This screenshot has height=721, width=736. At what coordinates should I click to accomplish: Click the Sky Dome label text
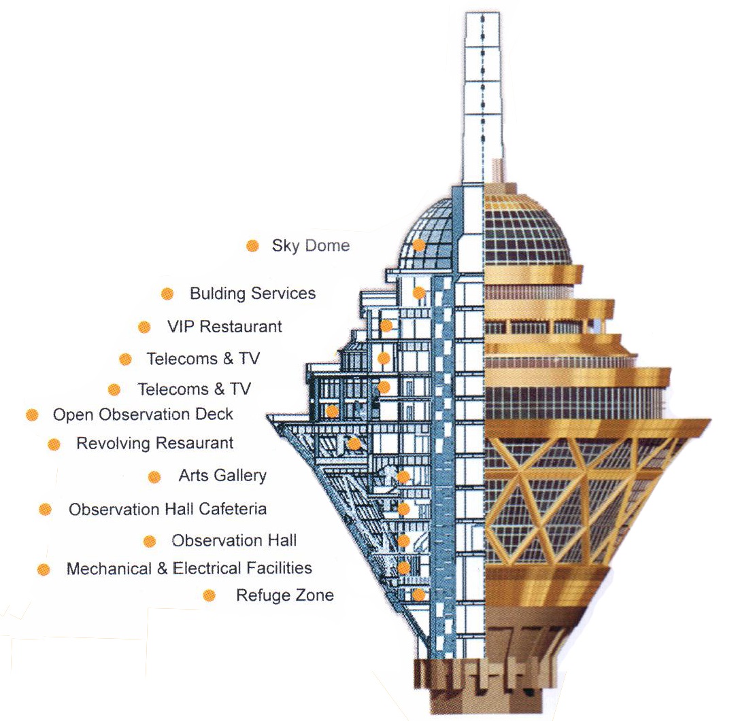point(311,245)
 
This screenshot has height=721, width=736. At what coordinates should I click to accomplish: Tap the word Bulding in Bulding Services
point(218,294)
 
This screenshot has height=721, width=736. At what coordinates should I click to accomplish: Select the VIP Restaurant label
point(224,326)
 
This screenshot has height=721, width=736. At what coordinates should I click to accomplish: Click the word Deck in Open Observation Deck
point(214,414)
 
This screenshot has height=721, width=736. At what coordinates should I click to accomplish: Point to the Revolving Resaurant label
point(155,443)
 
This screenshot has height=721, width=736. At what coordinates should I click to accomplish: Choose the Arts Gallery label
point(222,476)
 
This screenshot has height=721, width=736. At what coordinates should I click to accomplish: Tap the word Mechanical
point(110,568)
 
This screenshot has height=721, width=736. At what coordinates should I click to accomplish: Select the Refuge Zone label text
point(285,595)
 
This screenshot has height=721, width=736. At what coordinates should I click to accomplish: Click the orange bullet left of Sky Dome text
point(252,245)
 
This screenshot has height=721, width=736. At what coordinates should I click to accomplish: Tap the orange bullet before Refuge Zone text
point(210,595)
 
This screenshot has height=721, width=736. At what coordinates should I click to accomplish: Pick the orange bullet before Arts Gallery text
point(154,477)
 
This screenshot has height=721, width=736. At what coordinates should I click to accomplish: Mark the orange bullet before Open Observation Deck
point(32,415)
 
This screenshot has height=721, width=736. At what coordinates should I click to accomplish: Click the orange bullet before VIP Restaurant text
point(144,327)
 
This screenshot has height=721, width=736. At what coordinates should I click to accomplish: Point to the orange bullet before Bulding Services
point(167,294)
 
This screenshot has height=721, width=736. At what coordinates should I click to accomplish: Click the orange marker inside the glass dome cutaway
point(419,245)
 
